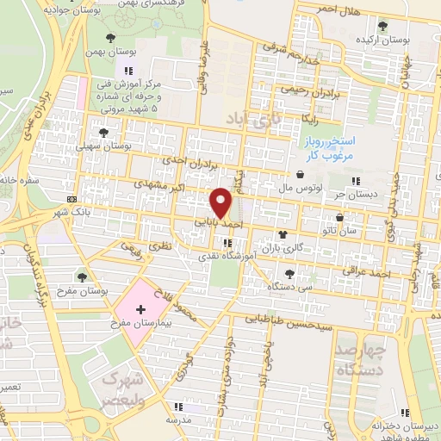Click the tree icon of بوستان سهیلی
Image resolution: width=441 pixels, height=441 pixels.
[x=104, y=133]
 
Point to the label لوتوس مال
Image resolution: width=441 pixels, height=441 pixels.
[x=301, y=186]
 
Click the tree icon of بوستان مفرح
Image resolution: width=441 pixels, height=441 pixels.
[x=82, y=276]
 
